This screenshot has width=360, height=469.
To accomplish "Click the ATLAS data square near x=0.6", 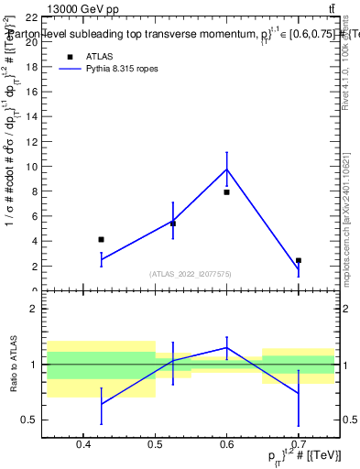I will click(x=226, y=192).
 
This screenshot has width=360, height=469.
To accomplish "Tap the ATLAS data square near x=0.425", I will click(x=101, y=239).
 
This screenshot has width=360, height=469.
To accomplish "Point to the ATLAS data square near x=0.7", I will click(x=299, y=260).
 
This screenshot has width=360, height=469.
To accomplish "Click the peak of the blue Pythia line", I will click(x=226, y=169).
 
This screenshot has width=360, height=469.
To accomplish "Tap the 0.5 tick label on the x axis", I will click(x=154, y=447).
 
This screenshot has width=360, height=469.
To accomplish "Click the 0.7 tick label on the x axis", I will click(x=298, y=447).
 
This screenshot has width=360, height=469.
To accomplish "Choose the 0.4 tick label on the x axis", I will click(x=82, y=447).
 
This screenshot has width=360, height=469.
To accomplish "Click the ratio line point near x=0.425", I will click(x=101, y=404).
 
